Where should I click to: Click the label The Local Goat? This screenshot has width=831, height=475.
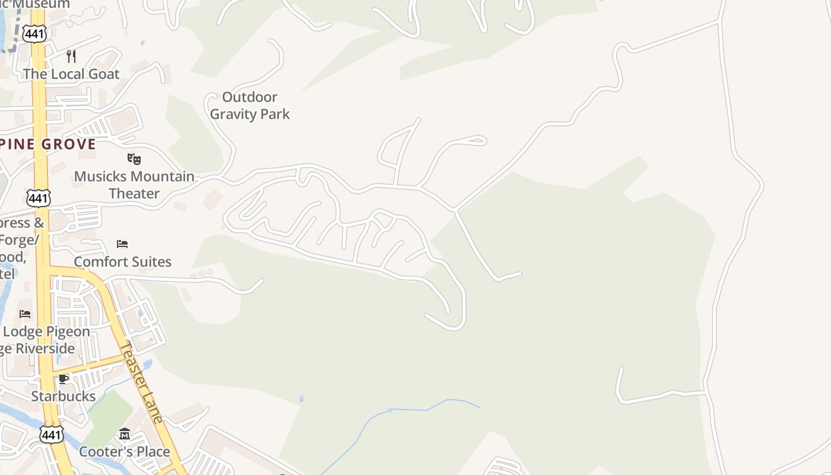71,74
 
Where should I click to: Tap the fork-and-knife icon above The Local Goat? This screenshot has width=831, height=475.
71,56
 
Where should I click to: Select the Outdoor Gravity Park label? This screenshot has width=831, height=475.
250,105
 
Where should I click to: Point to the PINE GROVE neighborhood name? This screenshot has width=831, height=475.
48,144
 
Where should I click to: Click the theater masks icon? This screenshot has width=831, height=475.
134,159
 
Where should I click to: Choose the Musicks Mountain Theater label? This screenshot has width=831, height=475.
134,185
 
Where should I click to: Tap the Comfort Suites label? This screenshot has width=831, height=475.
122,262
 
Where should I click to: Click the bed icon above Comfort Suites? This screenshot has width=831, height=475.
122,244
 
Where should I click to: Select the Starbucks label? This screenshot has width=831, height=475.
64,396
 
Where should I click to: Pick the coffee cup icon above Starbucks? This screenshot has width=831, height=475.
64,379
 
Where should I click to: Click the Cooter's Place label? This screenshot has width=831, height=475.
125,452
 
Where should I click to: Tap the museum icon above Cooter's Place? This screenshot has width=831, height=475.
125,435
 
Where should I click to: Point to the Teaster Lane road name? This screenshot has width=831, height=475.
141,382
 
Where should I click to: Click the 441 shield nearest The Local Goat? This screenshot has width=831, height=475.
35,34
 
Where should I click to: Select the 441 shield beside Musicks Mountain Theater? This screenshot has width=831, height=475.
39,198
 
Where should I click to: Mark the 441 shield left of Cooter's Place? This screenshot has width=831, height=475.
52,435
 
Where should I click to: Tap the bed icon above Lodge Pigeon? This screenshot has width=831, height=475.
25,313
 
